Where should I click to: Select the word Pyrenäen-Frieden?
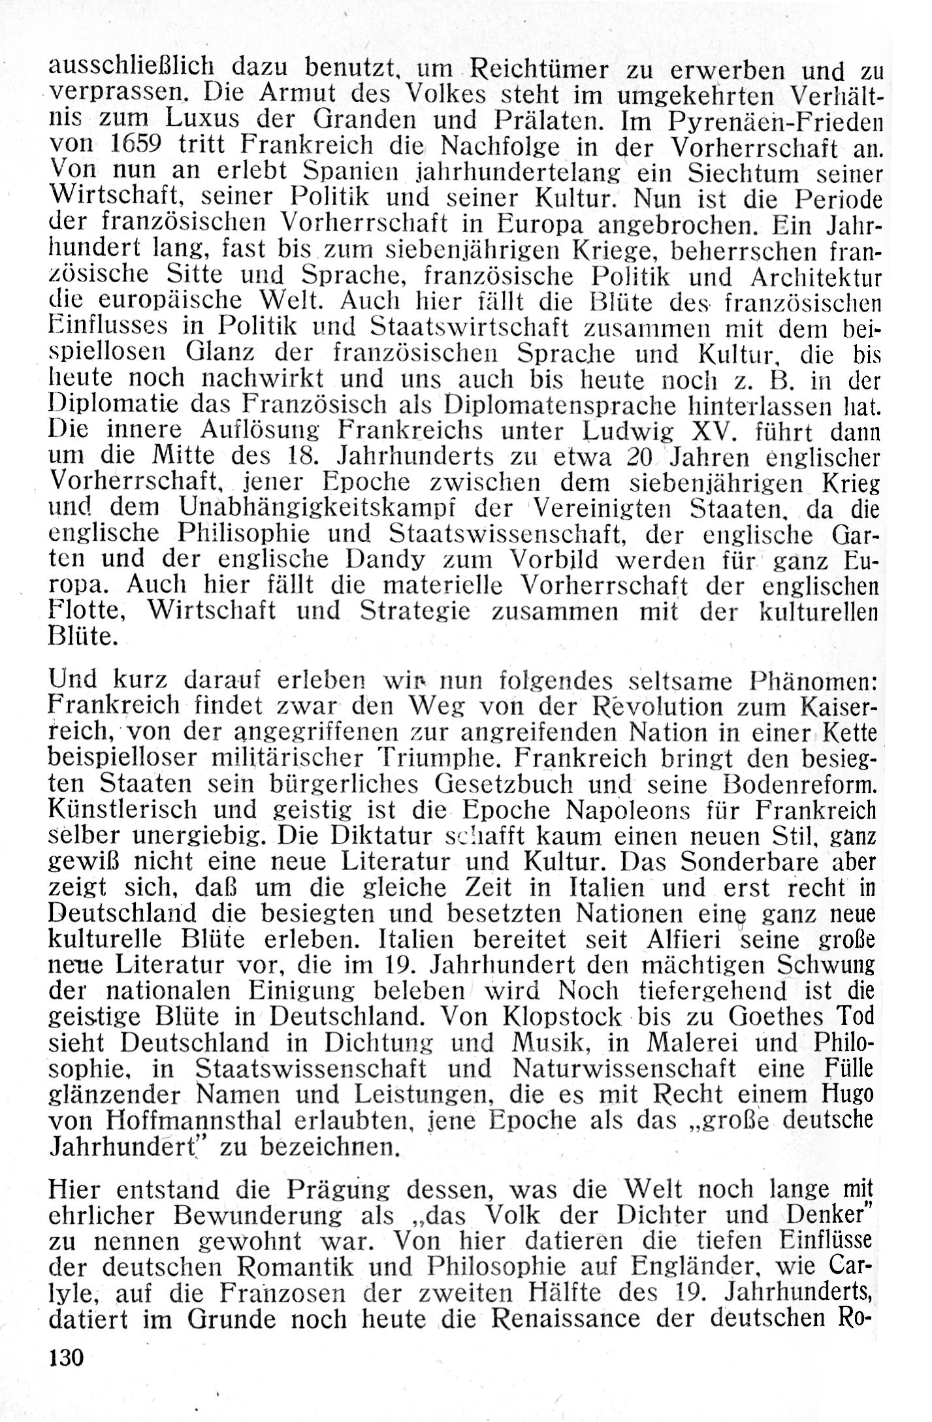777,121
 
